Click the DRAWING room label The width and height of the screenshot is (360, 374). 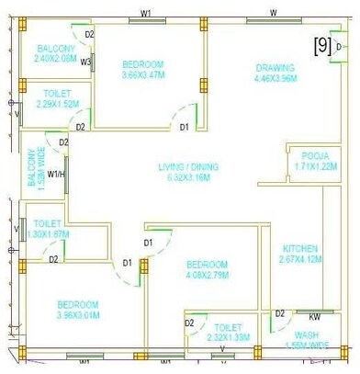point(275,67)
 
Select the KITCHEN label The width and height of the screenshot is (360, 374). point(299,248)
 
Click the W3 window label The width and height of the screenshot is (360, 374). point(84,62)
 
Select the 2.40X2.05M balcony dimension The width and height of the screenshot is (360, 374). point(55,59)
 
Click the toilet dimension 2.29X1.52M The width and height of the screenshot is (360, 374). point(55,105)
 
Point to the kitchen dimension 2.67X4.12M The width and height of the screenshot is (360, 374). point(299,259)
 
